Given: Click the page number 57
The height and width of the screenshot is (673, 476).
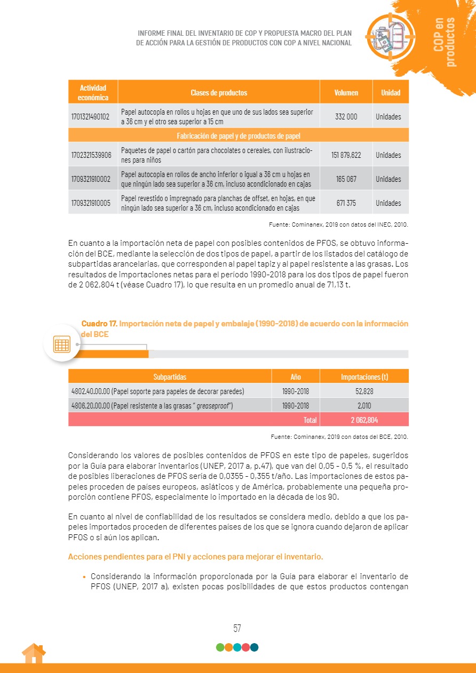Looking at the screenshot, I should click(x=237, y=628).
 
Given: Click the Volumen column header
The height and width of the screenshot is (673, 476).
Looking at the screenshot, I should click(x=346, y=93).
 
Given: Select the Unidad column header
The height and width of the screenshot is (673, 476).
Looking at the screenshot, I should click(x=391, y=93).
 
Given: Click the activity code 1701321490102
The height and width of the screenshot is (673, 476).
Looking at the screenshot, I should click(x=90, y=116).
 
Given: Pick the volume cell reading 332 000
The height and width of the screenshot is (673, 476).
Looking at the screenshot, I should click(x=346, y=116).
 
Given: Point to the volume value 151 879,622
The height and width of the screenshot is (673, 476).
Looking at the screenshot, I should click(x=346, y=155).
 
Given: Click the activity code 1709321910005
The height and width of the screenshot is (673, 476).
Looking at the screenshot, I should click(x=90, y=203).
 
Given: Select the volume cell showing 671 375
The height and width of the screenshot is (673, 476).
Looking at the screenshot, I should click(x=346, y=203).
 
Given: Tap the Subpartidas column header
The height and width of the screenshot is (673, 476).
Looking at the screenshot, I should click(x=170, y=377).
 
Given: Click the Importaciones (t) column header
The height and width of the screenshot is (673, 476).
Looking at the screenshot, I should click(x=364, y=377).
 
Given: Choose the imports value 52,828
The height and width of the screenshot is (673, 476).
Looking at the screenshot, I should click(x=364, y=391).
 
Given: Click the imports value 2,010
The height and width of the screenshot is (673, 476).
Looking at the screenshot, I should click(x=364, y=405).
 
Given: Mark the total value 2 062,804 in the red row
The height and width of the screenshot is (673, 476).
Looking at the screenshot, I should click(x=364, y=420).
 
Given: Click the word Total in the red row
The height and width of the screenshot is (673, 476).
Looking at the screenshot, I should click(x=310, y=420).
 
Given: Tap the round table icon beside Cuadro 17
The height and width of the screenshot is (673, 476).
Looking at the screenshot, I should click(x=62, y=344).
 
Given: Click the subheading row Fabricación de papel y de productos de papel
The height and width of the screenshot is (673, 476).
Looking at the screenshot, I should click(x=239, y=135).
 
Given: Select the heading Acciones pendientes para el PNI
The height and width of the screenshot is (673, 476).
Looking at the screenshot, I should click(x=195, y=557).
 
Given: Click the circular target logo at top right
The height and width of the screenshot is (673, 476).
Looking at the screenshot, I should click(x=390, y=36).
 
